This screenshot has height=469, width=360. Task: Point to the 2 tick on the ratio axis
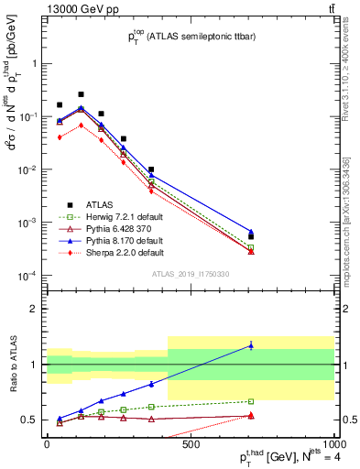(33, 309)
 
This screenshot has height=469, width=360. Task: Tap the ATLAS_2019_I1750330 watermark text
(190, 274)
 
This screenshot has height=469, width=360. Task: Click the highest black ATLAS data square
(81, 94)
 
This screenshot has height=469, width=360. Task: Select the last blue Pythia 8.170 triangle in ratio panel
(250, 345)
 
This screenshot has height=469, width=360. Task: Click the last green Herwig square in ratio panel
(250, 401)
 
